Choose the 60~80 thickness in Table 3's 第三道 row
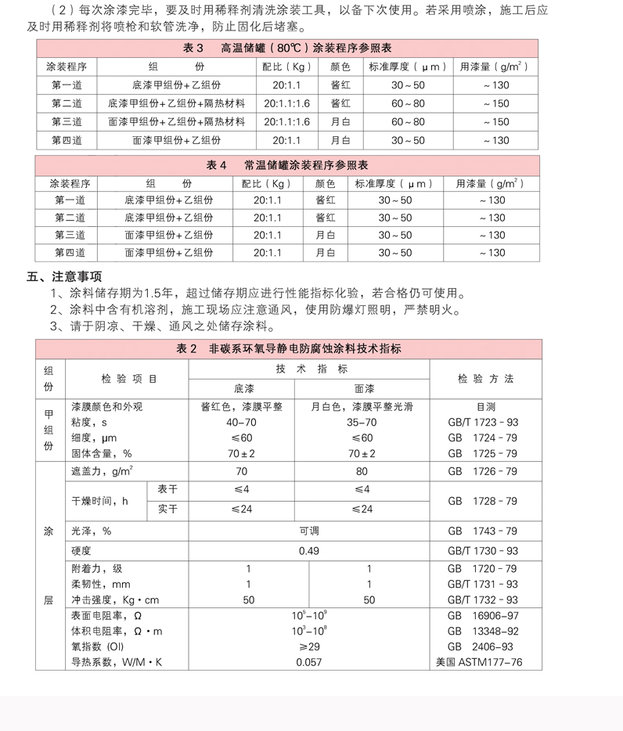pyautogui.click(x=408, y=122)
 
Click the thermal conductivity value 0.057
pyautogui.click(x=309, y=663)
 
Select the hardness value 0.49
pyautogui.click(x=309, y=551)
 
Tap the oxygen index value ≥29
pyautogui.click(x=309, y=647)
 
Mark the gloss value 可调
pyautogui.click(x=309, y=531)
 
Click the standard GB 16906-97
pyautogui.click(x=483, y=616)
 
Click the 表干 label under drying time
pyautogui.click(x=167, y=489)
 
